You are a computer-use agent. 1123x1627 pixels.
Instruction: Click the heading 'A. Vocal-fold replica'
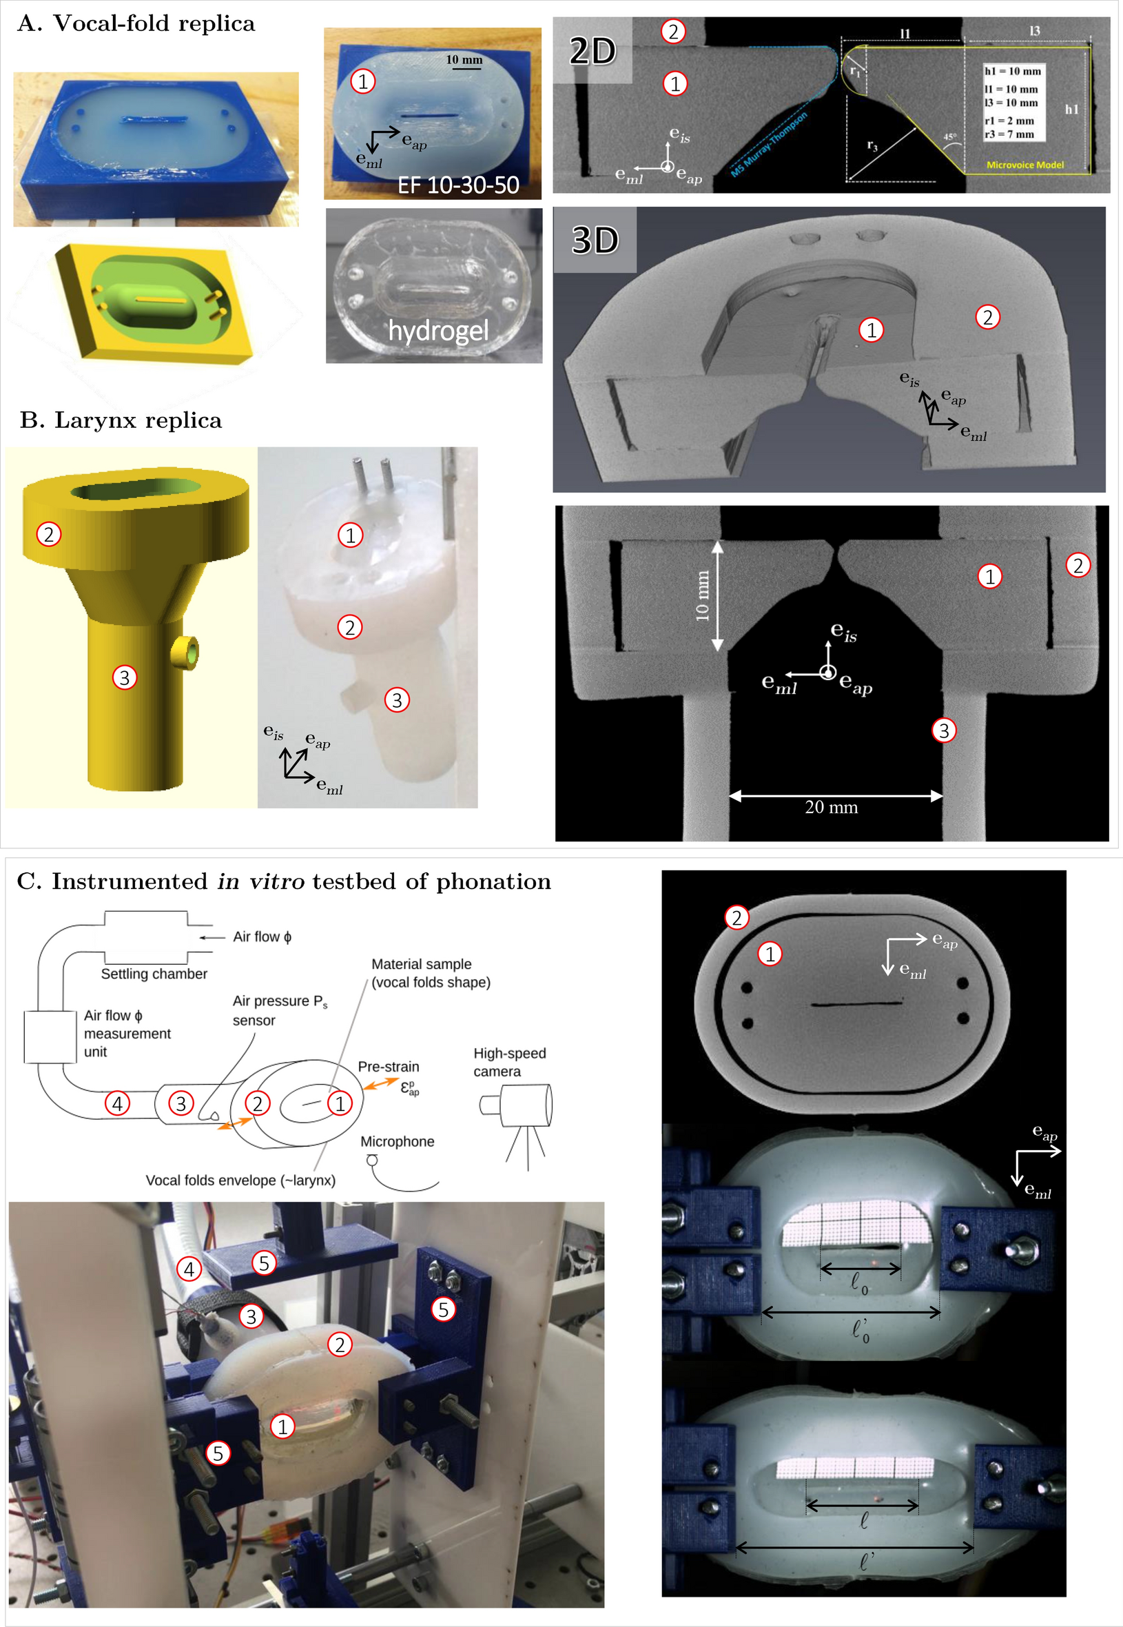tap(136, 23)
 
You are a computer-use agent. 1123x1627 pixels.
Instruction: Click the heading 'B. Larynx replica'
tap(121, 420)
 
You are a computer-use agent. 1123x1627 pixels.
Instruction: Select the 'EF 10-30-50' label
tap(458, 185)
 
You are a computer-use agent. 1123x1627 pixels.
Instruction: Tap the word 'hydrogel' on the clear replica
tap(438, 330)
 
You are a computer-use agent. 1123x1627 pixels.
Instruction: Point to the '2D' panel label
tap(593, 51)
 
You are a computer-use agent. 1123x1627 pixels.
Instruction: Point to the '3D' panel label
tap(595, 240)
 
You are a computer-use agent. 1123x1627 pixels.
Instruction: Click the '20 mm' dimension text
tap(831, 807)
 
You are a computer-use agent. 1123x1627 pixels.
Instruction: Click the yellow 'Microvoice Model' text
tap(1024, 165)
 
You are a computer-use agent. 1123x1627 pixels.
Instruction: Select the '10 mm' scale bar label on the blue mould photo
tap(464, 60)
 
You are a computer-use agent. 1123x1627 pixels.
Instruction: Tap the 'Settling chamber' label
tap(154, 974)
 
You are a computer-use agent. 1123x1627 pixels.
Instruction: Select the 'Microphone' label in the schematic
tap(397, 1141)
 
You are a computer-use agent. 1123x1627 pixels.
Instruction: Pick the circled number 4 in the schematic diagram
tap(118, 1103)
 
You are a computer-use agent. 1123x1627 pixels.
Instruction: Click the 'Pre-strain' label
tap(389, 1067)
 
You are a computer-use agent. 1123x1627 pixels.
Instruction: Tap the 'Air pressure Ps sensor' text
tap(279, 1010)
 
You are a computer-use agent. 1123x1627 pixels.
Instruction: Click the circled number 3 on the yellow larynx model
tap(125, 677)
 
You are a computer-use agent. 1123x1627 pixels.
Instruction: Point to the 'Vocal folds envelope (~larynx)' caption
tap(240, 1180)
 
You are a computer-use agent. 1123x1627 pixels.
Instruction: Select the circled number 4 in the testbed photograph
tap(189, 1269)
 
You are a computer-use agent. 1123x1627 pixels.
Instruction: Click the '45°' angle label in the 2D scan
tap(949, 137)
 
